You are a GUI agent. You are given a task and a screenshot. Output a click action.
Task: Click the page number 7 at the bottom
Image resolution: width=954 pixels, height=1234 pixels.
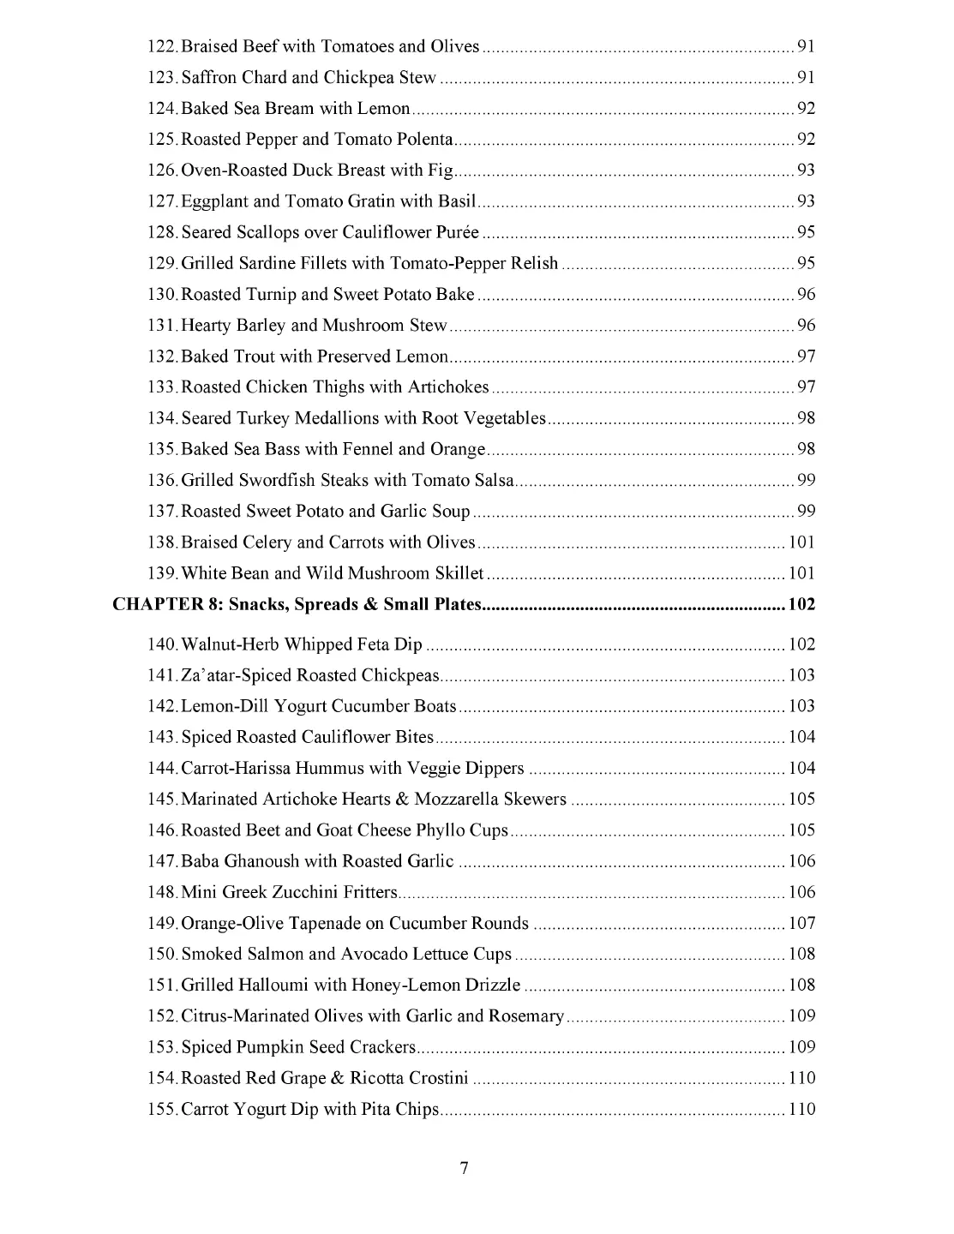[464, 1167]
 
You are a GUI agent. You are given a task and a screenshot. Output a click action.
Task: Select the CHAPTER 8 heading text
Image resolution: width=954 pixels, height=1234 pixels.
[297, 604]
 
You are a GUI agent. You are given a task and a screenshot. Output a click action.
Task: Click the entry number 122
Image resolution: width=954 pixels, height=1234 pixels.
[162, 46]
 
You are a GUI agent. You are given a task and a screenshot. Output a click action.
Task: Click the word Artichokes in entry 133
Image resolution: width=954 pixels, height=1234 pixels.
[447, 386]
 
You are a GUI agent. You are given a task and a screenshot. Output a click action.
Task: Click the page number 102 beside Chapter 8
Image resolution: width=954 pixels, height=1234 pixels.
[801, 604]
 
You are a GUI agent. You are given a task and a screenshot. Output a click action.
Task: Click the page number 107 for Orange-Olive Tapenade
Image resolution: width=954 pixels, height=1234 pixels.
[801, 923]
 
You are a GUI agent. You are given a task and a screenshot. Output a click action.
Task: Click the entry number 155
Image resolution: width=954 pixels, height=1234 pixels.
[162, 1109]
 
